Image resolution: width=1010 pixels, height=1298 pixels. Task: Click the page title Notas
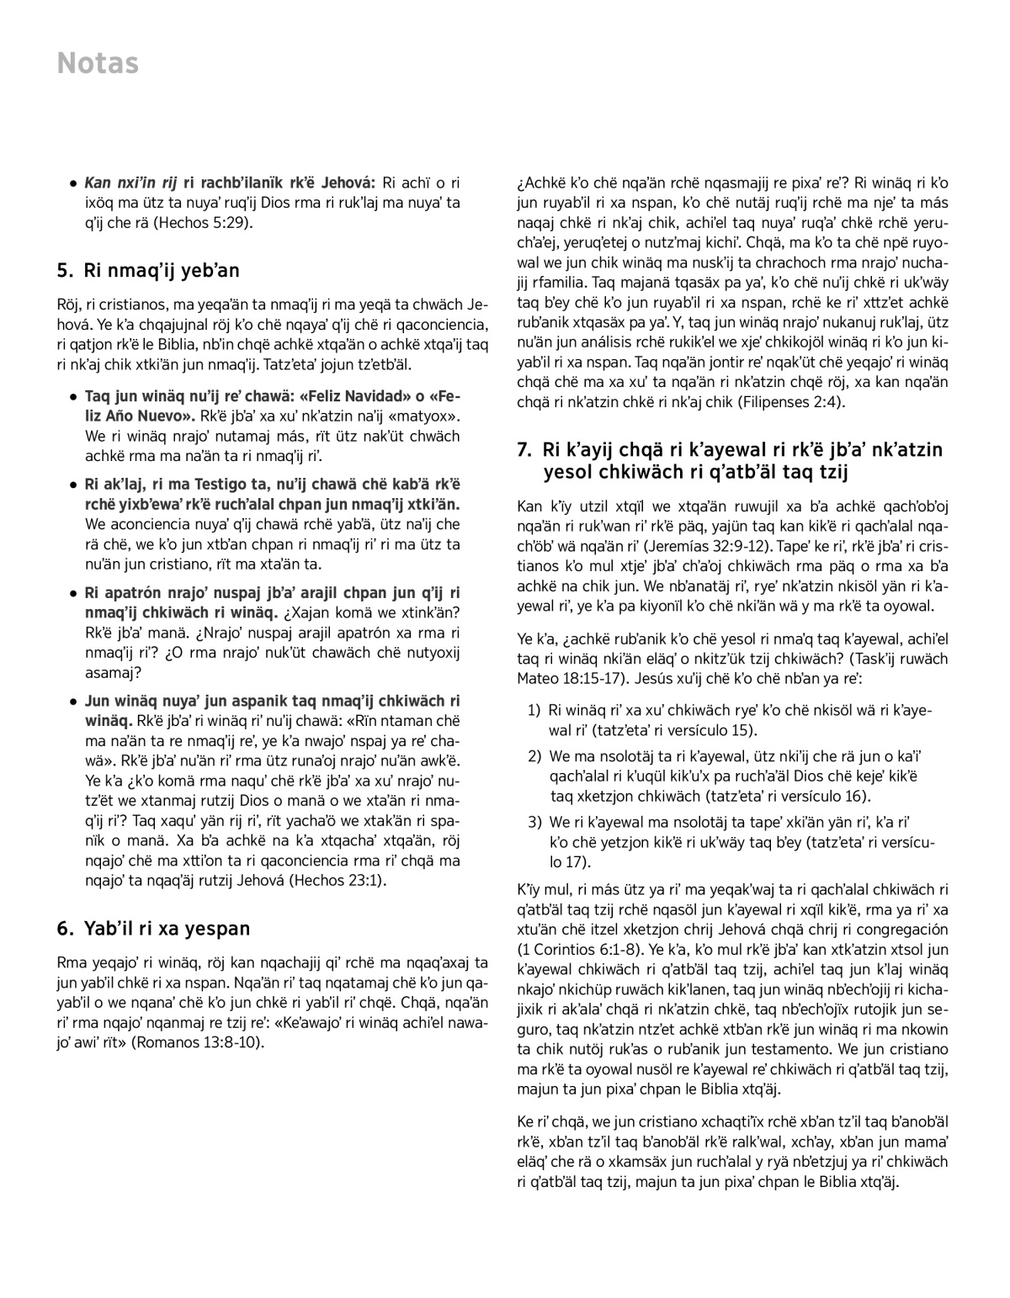pyautogui.click(x=98, y=64)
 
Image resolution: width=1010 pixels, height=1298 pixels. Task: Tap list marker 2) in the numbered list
pyautogui.click(x=534, y=756)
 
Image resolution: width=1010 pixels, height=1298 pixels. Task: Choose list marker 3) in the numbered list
pyautogui.click(x=534, y=821)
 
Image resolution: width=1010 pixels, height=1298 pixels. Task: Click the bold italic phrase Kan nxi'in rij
pyautogui.click(x=130, y=183)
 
